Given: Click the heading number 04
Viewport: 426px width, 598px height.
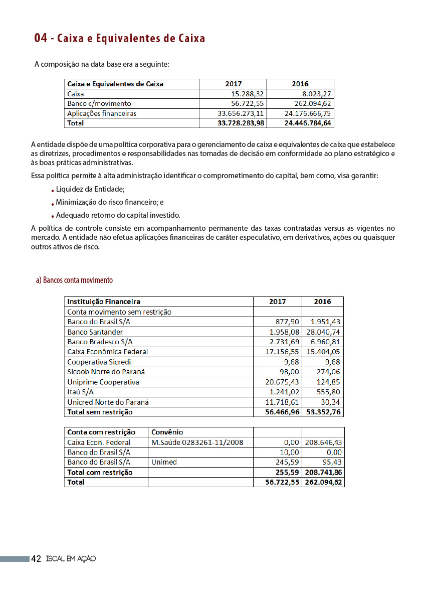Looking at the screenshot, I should click(41, 39).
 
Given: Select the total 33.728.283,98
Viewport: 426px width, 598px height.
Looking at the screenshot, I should click(234, 123).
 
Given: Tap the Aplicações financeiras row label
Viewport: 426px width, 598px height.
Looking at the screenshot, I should click(102, 113).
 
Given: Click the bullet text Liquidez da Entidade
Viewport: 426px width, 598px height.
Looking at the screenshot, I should click(90, 189).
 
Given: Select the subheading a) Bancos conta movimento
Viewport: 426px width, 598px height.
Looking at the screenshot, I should click(74, 280).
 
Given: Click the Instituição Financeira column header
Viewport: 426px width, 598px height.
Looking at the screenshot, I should click(104, 302).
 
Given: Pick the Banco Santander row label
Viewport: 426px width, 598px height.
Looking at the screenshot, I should click(95, 332).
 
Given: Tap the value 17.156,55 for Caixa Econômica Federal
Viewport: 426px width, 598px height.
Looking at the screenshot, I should click(282, 352).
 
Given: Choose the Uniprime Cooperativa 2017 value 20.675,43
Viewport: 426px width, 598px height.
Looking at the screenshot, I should click(282, 382).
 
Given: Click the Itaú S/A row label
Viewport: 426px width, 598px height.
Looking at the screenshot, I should click(81, 392).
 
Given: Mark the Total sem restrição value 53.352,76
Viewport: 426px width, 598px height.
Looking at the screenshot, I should click(323, 412).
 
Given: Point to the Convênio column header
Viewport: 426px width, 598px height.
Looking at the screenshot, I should click(167, 432).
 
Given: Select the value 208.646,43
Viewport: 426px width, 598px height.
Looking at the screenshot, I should click(323, 442).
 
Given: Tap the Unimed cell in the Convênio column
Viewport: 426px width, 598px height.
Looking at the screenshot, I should click(164, 462).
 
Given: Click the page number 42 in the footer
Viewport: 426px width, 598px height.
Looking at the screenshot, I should click(36, 559).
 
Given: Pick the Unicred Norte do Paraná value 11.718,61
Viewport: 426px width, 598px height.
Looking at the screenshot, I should click(282, 402).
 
